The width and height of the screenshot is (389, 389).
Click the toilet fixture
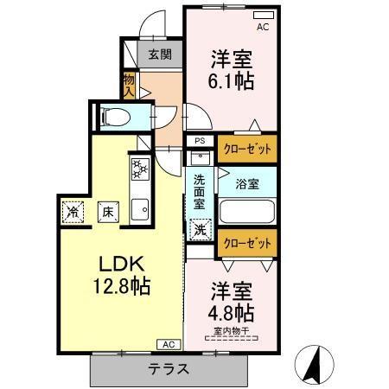116,117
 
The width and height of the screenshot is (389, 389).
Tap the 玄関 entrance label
160,54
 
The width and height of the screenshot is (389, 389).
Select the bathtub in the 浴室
247,212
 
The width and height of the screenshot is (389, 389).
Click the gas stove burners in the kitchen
140,169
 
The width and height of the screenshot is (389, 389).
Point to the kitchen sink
140,209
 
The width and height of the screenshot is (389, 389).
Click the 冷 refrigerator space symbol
73,212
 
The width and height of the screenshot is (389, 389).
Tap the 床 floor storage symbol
108,212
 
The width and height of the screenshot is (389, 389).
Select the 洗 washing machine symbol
201,230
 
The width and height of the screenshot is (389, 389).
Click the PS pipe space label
200,141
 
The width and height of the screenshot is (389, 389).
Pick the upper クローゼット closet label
247,150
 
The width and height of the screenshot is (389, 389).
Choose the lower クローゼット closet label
247,243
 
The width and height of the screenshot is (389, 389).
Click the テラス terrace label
169,369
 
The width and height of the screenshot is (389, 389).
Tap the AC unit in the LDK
169,344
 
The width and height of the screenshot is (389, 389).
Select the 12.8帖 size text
122,286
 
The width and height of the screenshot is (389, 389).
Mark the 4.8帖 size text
232,313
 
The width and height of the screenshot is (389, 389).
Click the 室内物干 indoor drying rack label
231,331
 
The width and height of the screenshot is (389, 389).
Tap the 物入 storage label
129,86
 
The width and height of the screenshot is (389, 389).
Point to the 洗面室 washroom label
200,192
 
